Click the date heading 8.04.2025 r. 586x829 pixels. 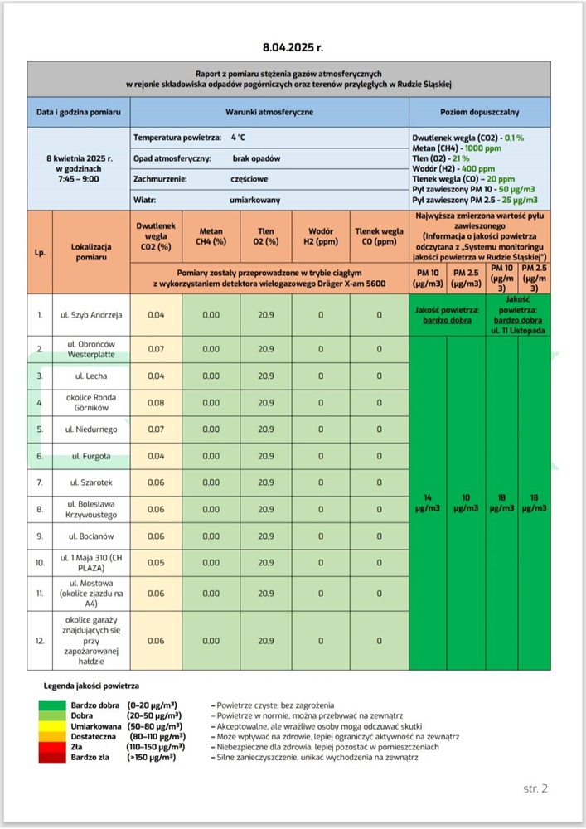pos(292,48)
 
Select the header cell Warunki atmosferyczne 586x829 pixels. pos(269,111)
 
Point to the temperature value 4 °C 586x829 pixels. pos(238,137)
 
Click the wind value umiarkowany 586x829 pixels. pos(254,200)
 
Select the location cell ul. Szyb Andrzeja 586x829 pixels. pos(91,315)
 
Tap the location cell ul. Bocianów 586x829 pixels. pos(91,536)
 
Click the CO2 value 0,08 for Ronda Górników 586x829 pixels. pos(156,403)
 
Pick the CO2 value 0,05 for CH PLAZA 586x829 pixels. pos(156,563)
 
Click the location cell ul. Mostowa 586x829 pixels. pos(91,594)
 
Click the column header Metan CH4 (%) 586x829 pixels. pos(211,237)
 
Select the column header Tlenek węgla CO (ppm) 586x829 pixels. pos(379,237)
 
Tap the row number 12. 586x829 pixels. pos(40,641)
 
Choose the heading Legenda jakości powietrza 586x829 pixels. pos(91,686)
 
